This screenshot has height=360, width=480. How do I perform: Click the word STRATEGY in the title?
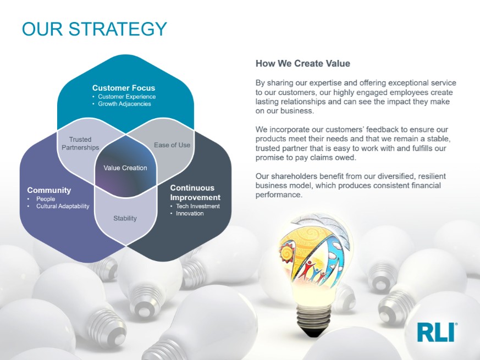click(x=118, y=29)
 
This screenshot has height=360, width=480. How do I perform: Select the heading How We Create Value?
click(x=303, y=63)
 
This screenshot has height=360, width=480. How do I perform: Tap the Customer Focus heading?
click(x=124, y=88)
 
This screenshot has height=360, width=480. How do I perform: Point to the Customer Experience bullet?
click(x=126, y=96)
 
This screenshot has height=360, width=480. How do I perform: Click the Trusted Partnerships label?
click(x=80, y=143)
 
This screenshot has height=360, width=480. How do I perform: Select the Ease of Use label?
click(x=172, y=145)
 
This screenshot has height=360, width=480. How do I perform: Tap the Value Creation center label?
click(x=125, y=168)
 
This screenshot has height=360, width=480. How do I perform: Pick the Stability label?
click(x=125, y=218)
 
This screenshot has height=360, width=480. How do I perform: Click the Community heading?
click(x=49, y=190)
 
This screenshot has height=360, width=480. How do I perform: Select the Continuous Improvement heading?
click(x=195, y=192)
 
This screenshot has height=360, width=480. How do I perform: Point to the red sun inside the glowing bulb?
click(x=286, y=252)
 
